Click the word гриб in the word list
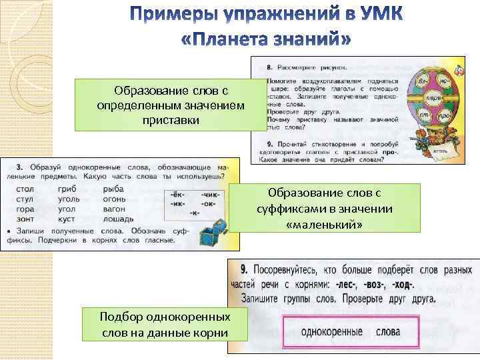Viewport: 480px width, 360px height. pyautogui.click(x=69, y=189)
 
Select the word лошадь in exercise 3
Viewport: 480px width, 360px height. pyautogui.click(x=119, y=219)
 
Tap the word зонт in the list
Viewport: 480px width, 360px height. pyautogui.click(x=24, y=219)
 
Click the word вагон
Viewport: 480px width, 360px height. pyautogui.click(x=115, y=209)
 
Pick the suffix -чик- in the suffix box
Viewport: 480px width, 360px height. pyautogui.click(x=209, y=195)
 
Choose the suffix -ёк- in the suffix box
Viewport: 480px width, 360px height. pyautogui.click(x=177, y=195)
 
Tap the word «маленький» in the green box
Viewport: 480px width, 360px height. pyautogui.click(x=324, y=225)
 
